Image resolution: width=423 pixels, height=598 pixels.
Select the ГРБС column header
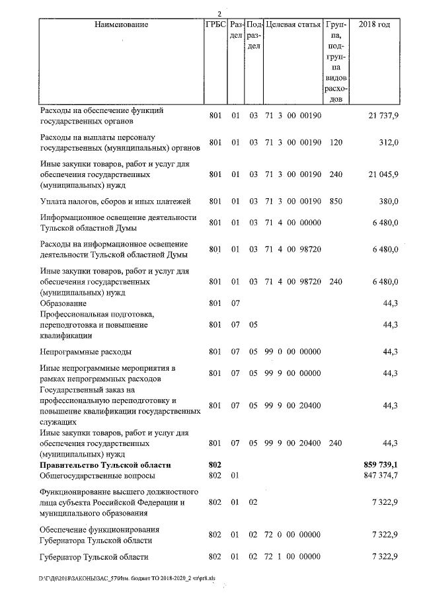coord(215,24)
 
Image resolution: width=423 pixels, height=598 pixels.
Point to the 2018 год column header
coord(374,24)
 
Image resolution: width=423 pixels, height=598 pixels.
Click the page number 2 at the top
coord(220,14)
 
